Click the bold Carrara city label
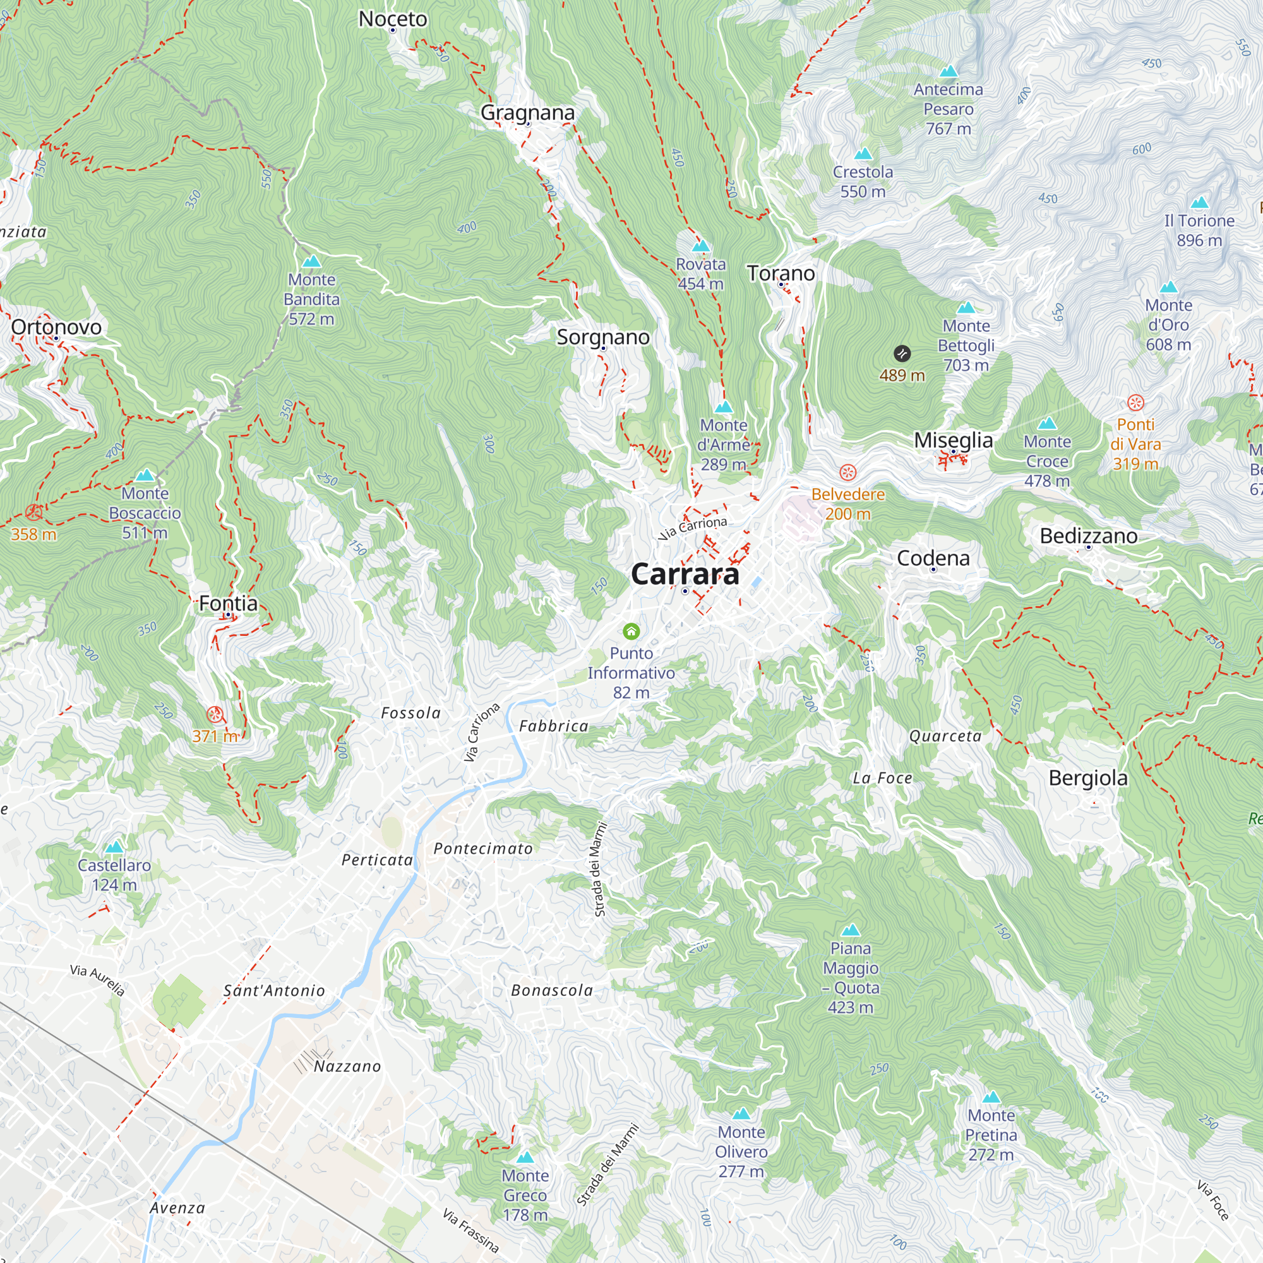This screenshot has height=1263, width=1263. (x=685, y=574)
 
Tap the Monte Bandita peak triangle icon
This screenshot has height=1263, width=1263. (x=312, y=261)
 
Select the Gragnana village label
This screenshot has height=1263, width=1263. (x=527, y=112)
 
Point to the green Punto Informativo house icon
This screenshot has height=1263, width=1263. (x=631, y=631)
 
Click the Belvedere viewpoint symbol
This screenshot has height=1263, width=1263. (x=848, y=472)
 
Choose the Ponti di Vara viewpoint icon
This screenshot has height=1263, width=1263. (x=1135, y=402)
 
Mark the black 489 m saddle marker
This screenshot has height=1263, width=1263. (x=902, y=354)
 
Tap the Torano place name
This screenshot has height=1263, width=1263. (x=781, y=273)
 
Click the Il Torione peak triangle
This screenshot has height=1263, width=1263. (x=1199, y=203)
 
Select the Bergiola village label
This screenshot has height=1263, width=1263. (x=1088, y=778)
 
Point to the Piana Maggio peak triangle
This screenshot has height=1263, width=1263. (x=851, y=930)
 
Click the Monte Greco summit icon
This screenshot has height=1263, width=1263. (x=525, y=1158)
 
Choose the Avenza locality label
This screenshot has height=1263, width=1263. (x=177, y=1208)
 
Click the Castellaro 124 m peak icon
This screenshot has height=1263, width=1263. (x=114, y=847)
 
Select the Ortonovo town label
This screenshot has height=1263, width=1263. (x=56, y=327)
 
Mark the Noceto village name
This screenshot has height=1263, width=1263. (x=392, y=19)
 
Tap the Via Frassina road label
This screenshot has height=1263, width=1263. (x=470, y=1230)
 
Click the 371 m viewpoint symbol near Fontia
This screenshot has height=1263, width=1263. (x=215, y=714)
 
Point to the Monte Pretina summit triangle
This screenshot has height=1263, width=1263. (x=991, y=1097)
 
